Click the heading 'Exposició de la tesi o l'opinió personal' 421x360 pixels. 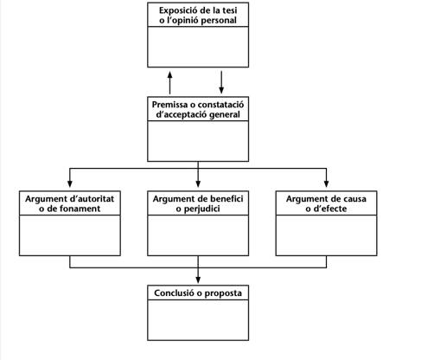coord(198,15)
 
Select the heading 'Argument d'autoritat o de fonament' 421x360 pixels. coord(70,203)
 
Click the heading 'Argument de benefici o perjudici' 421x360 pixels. coord(198,203)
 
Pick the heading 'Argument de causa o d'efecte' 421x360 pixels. coord(326,203)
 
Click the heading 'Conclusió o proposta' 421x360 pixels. coord(198,293)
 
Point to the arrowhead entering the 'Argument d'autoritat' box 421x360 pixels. coord(70,183)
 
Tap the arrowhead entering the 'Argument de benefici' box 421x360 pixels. coord(198,183)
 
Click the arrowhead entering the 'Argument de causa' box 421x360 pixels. coord(326,183)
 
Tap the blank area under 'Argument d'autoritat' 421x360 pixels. coord(70,235)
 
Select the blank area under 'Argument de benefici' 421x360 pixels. coord(198,235)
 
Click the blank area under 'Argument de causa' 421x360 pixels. coord(326,235)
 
